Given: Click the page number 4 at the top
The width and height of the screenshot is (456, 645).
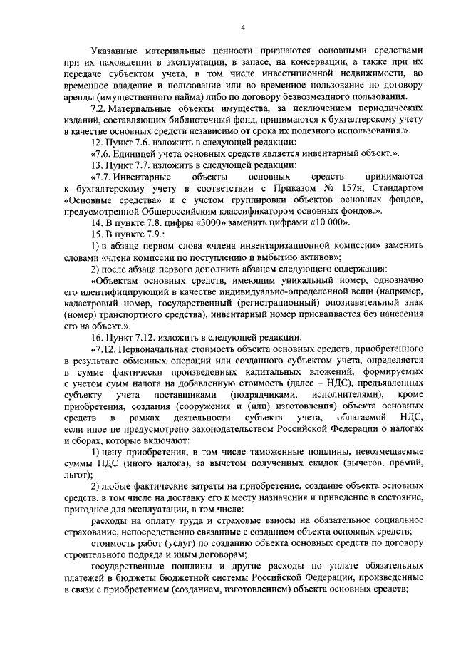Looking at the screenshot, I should [242, 28].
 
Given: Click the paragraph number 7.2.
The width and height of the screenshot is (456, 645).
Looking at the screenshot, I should [100, 108].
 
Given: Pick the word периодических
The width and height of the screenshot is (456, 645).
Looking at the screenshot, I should [386, 108].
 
